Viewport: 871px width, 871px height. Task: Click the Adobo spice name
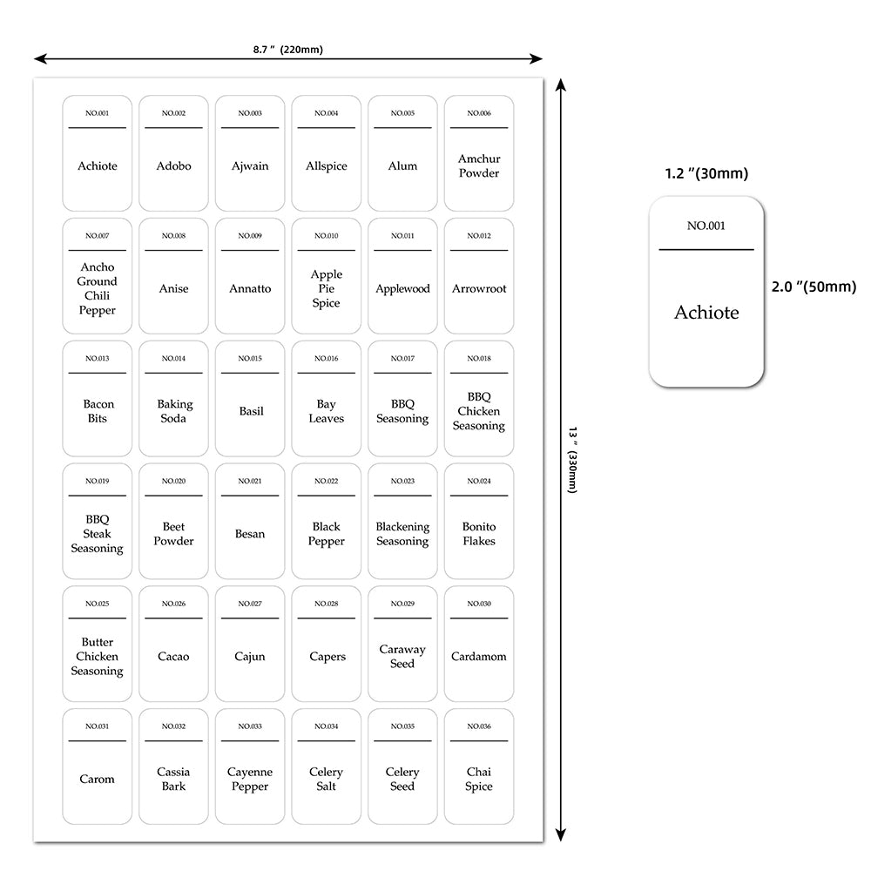(173, 166)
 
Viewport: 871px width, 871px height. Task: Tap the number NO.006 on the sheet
(479, 113)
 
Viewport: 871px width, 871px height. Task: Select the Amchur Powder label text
(479, 166)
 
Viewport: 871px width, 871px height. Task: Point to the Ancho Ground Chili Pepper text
(97, 288)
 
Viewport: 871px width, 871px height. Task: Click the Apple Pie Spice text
(326, 288)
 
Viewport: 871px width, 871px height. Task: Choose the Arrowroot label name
(479, 289)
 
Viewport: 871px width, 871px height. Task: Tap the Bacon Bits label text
(97, 411)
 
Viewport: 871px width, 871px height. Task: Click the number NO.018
(479, 359)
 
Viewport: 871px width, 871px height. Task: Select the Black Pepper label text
(326, 534)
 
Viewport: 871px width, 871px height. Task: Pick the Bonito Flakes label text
(479, 534)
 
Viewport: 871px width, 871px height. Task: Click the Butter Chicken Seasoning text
(97, 657)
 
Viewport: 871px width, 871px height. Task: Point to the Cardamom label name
(479, 657)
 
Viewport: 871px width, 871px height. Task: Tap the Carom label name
(97, 780)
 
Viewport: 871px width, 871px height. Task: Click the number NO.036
(479, 726)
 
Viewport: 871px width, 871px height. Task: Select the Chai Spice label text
(479, 779)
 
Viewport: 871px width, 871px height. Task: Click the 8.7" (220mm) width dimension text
(288, 50)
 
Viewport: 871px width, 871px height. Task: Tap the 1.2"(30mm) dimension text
(706, 173)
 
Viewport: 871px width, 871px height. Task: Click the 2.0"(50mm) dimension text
(814, 287)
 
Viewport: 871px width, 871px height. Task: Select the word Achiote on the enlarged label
(706, 313)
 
